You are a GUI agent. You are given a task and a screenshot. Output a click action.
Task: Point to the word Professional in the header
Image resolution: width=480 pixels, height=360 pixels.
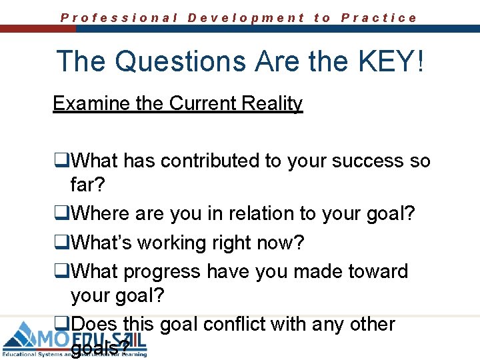[119, 18]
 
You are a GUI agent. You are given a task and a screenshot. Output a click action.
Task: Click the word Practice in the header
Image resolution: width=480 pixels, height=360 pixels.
[379, 18]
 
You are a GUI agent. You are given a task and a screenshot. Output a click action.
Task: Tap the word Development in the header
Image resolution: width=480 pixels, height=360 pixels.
[246, 18]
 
